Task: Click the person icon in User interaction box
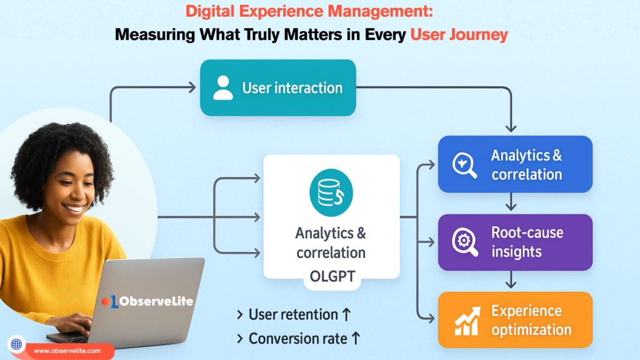tap(222, 88)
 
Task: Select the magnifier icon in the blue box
tap(464, 165)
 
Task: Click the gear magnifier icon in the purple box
tap(465, 243)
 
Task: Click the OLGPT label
tap(331, 276)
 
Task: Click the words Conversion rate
tap(297, 339)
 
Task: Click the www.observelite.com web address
tap(68, 351)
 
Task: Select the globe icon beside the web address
tap(16, 344)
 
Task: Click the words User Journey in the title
tap(459, 34)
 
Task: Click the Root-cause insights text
tap(527, 242)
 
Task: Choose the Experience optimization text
tap(531, 320)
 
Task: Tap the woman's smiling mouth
tap(74, 207)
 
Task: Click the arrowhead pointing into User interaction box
tap(192, 88)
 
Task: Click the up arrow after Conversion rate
tap(355, 339)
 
